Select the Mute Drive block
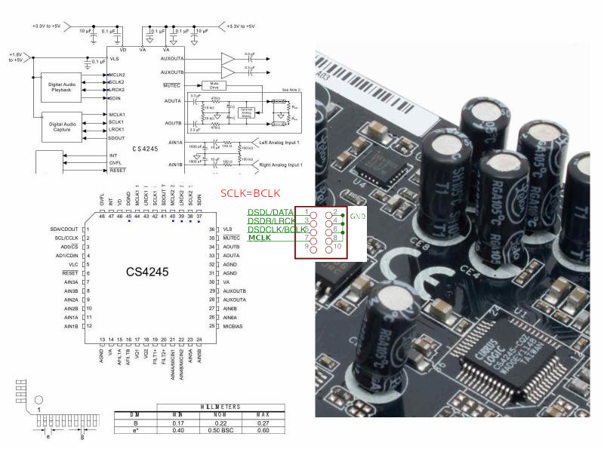click(214, 86)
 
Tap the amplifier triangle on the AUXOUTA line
click(228, 58)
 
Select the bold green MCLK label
click(260, 238)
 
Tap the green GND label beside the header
click(357, 216)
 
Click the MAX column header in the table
click(260, 415)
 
